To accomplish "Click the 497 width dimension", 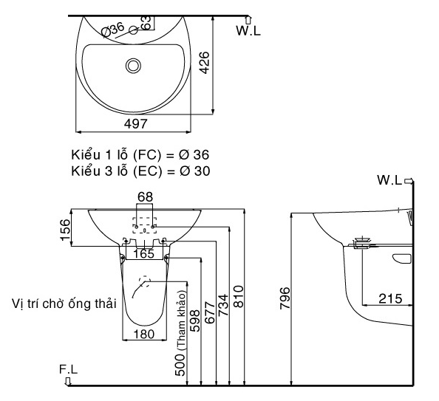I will click(x=135, y=123).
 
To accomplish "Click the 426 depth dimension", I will click(x=203, y=67).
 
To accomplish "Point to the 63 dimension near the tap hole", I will click(x=146, y=22).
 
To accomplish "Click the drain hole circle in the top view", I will click(x=134, y=66).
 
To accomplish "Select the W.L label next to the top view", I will click(x=248, y=30).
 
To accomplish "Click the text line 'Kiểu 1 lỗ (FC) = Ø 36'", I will click(x=140, y=156).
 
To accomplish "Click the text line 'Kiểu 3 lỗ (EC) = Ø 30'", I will click(x=140, y=171).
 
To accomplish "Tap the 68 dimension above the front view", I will click(x=145, y=196).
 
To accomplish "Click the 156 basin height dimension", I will click(x=64, y=230).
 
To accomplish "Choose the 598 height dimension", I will click(x=195, y=318).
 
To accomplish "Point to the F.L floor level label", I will click(x=69, y=369).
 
